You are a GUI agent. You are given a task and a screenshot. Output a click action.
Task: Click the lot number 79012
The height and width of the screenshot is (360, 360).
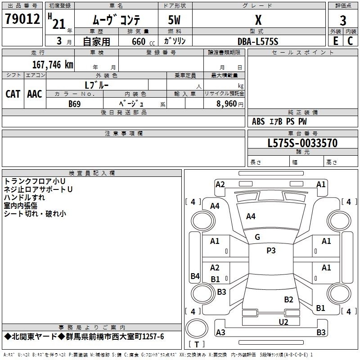(22, 19)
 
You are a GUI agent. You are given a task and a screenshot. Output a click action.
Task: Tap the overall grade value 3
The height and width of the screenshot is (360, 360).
(343, 21)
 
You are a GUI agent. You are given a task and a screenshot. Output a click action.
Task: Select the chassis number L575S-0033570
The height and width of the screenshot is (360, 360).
(302, 143)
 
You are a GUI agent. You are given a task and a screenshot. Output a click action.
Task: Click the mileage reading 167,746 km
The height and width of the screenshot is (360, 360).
(53, 65)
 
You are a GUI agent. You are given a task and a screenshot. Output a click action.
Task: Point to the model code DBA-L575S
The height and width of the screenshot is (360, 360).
(258, 41)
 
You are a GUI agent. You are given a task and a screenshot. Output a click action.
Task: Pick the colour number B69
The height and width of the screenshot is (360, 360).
(75, 104)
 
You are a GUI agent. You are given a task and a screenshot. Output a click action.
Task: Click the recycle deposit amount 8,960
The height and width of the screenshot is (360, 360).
(226, 104)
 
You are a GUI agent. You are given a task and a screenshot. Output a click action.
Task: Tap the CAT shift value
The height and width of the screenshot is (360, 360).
(13, 94)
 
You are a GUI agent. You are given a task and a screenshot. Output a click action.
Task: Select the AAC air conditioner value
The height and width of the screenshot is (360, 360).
(35, 94)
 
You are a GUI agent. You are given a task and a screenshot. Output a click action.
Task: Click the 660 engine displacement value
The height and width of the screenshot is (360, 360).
(139, 41)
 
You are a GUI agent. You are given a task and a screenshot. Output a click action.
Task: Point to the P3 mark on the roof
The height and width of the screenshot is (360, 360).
(271, 251)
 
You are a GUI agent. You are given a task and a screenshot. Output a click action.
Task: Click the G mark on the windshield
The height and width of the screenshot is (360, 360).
(257, 237)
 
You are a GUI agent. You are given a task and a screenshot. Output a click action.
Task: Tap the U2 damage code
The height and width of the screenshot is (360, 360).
(283, 322)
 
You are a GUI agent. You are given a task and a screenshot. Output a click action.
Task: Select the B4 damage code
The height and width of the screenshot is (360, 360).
(195, 276)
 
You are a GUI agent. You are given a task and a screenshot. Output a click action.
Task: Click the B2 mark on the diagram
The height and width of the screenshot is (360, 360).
(288, 300)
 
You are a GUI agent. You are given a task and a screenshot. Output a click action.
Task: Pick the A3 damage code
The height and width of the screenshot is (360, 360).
(220, 332)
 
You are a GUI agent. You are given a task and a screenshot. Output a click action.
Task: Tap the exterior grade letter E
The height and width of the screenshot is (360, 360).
(336, 41)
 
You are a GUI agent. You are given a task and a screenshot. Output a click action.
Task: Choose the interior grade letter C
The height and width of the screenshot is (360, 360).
(350, 41)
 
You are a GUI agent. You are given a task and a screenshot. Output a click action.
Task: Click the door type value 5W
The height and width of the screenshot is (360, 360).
(174, 20)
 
